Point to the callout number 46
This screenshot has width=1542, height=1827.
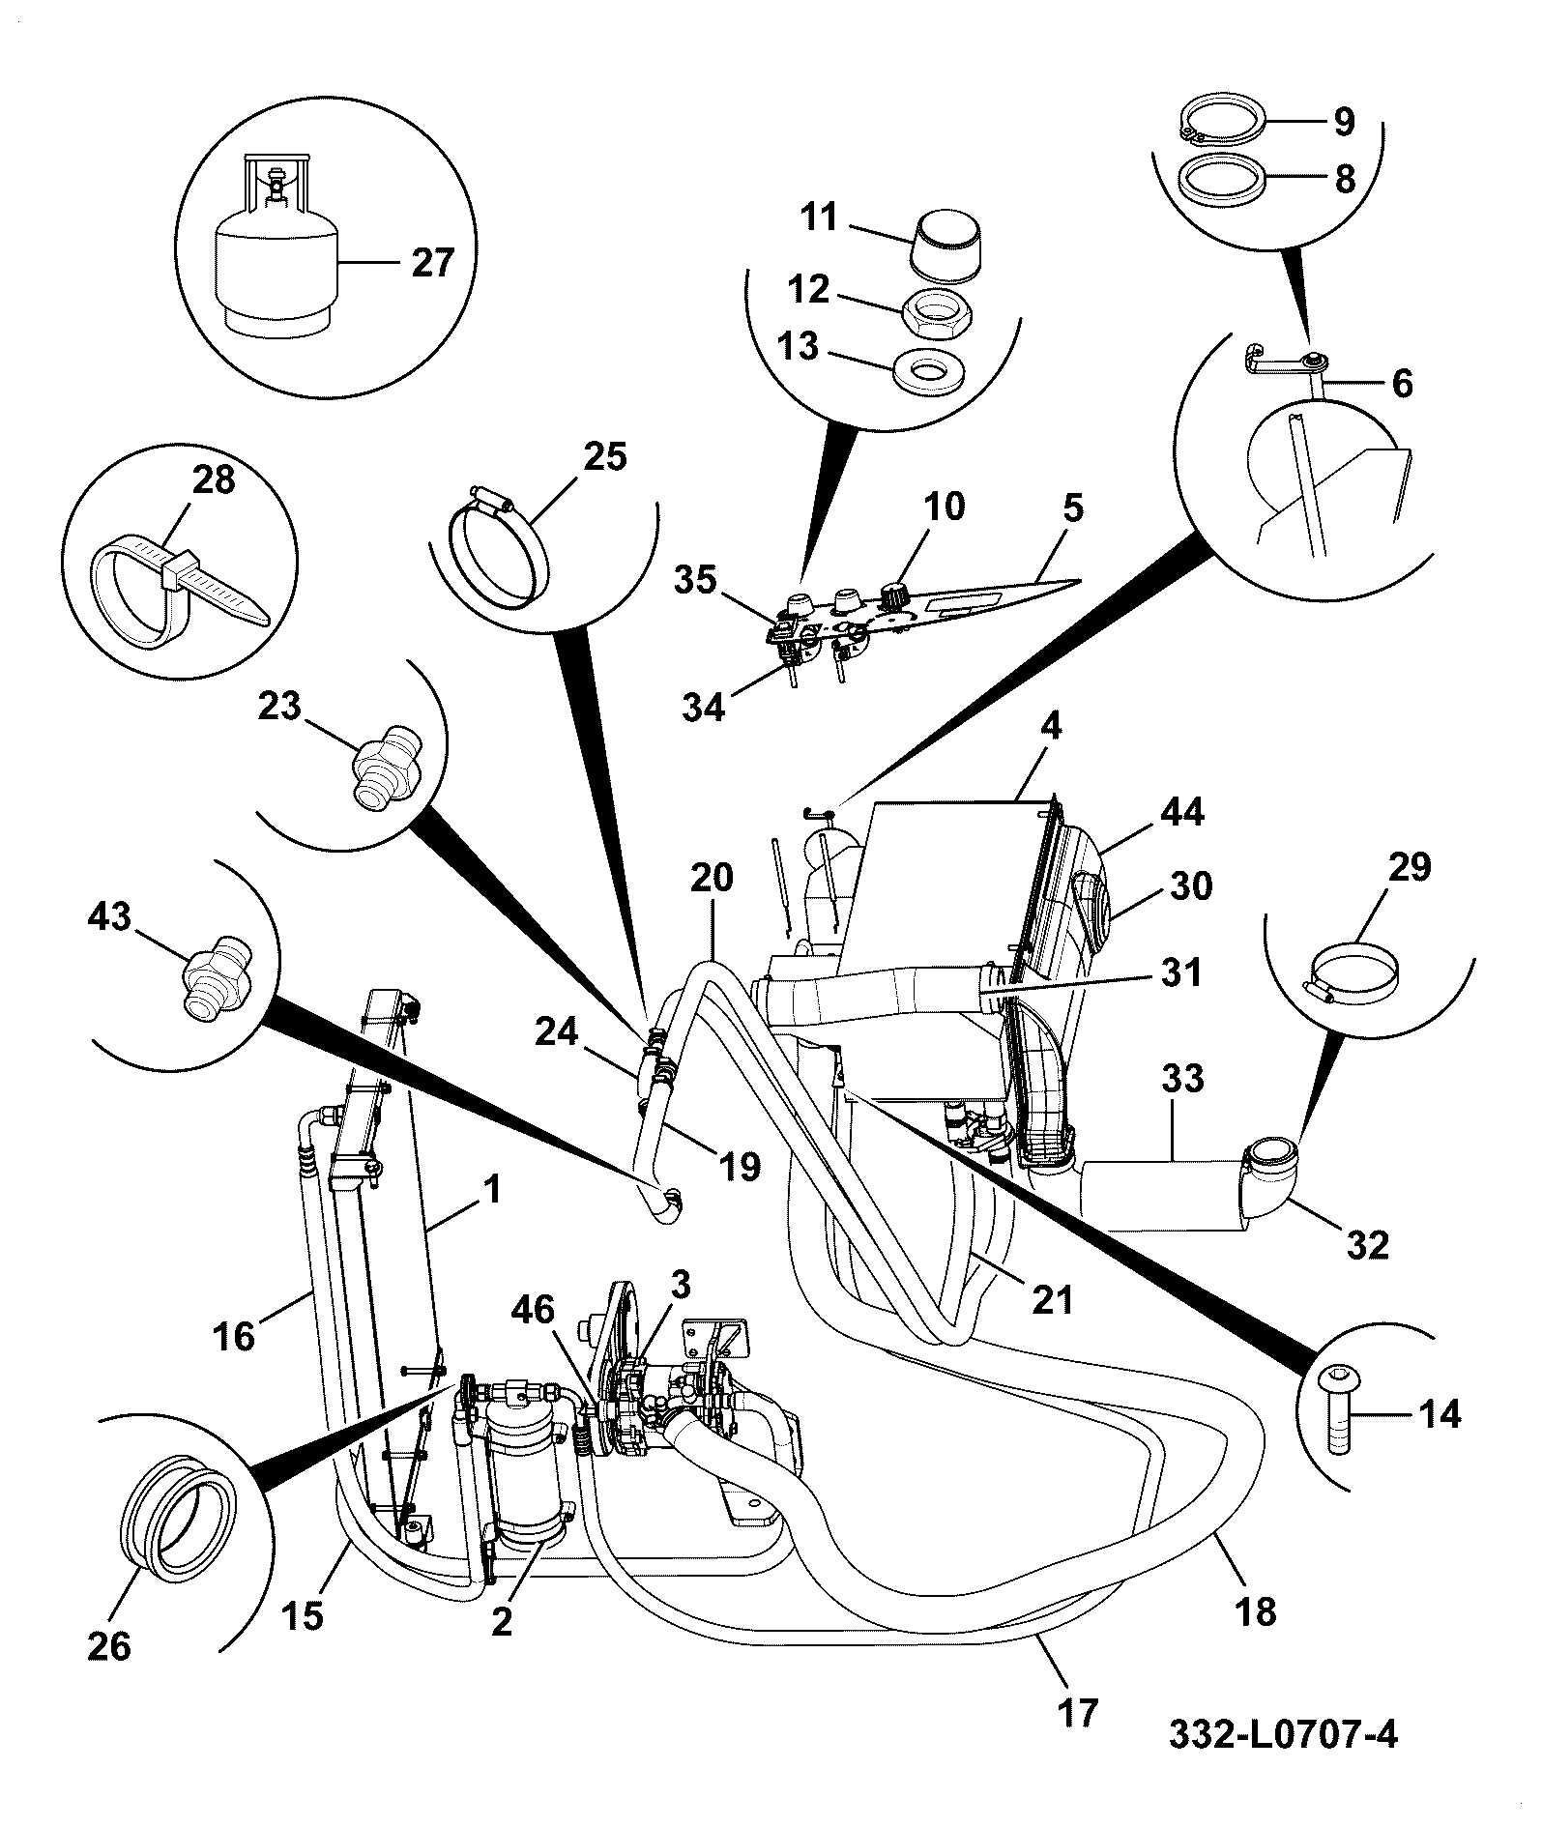(533, 1311)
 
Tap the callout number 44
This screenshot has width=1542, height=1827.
(1181, 812)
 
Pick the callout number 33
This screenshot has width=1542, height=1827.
(1181, 1078)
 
